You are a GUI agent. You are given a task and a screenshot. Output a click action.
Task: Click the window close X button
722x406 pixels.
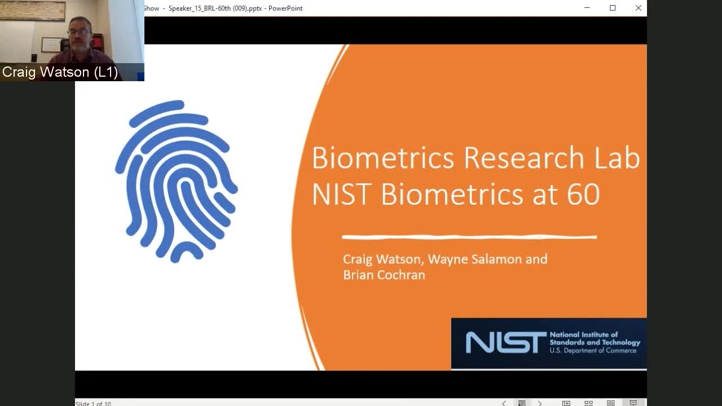click(x=638, y=8)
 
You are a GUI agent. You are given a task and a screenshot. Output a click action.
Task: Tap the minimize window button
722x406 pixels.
click(x=587, y=8)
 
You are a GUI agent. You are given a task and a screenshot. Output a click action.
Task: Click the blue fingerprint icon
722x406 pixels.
click(x=177, y=182)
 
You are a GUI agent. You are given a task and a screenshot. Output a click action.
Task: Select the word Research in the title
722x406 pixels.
click(x=524, y=158)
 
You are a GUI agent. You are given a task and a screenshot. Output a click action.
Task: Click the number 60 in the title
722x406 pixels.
click(x=583, y=195)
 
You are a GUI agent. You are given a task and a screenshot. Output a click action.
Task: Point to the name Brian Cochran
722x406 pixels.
click(x=384, y=275)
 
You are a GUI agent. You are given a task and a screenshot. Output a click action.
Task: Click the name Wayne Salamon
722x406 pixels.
click(x=475, y=259)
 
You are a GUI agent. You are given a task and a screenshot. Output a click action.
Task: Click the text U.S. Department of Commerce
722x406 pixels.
click(x=593, y=351)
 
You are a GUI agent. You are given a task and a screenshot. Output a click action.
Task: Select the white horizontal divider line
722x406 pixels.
click(x=469, y=237)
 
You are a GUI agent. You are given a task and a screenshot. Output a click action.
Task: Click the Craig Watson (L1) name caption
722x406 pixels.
click(x=60, y=72)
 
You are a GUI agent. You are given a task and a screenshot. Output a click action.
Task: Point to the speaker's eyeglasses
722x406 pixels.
click(x=78, y=32)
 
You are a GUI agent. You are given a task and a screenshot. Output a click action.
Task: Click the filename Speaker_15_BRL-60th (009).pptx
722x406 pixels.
click(x=215, y=8)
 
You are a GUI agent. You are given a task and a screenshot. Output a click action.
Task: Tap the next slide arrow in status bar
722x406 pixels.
click(x=540, y=403)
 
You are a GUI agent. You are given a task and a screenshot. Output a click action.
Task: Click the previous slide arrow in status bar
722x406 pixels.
click(x=504, y=403)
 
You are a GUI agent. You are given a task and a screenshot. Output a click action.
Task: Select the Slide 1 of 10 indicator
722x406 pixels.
click(x=93, y=403)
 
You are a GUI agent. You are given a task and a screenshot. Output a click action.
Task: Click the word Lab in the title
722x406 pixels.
click(x=617, y=158)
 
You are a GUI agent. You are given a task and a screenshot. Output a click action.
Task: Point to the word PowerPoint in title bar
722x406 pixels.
click(x=285, y=8)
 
